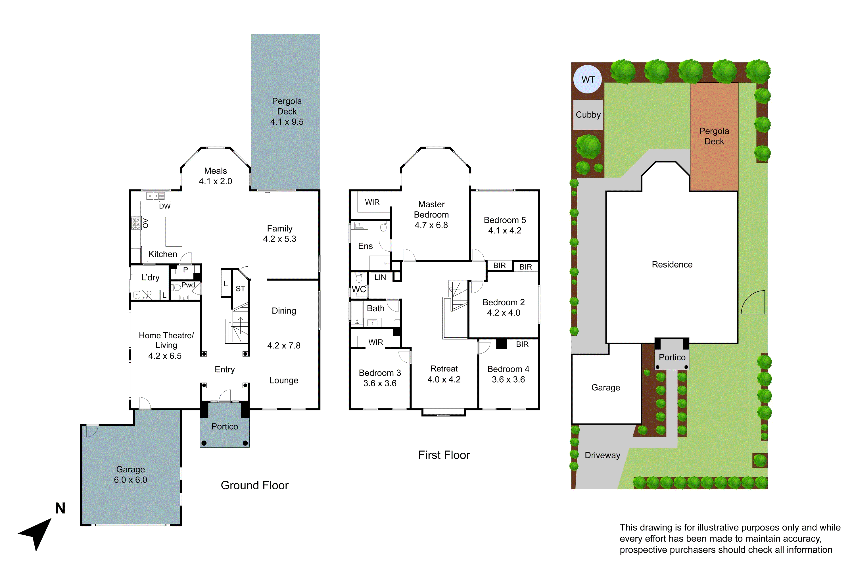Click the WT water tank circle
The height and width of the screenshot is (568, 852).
point(588,79)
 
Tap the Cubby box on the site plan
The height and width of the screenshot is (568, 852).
point(588,115)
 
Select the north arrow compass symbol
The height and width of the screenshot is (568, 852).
point(36,532)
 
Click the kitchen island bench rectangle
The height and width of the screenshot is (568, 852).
point(174,231)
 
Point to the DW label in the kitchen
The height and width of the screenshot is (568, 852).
point(164,206)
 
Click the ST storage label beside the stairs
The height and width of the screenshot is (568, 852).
point(240,289)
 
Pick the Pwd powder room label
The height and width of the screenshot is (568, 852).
point(188,285)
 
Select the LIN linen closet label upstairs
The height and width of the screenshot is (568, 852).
point(380,277)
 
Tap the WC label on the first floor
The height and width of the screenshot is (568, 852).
point(359,289)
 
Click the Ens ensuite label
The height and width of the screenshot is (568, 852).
point(365,246)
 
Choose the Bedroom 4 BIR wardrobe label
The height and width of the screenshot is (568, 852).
point(522,344)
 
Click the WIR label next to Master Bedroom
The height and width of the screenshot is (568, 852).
point(372,202)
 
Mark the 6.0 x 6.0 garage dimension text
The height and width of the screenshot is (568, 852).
point(130,480)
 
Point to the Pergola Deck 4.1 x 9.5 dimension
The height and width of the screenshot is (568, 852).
point(287,122)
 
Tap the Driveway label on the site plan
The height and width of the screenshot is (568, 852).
point(602,455)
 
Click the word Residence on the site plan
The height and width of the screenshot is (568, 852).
point(672,264)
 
